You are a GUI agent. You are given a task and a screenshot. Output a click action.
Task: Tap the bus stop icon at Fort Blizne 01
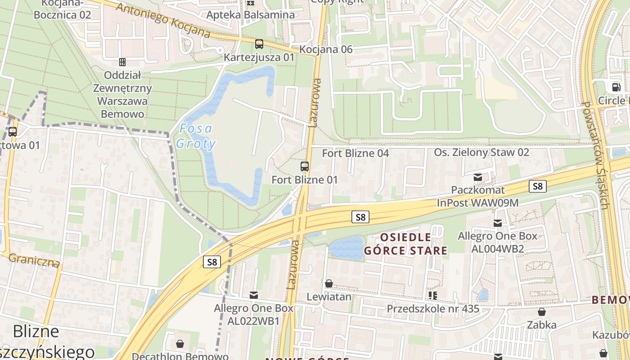pos(305,166)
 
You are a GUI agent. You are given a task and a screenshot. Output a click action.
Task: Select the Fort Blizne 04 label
pos(355,153)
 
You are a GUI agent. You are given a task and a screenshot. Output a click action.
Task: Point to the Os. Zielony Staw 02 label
pos(481,153)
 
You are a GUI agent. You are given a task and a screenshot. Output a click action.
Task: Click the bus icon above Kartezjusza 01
pos(259,44)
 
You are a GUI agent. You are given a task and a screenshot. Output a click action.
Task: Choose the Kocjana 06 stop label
pos(326,49)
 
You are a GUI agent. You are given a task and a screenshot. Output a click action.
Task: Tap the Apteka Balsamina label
pos(251,15)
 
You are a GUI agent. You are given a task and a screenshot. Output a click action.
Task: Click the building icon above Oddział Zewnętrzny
pos(122,62)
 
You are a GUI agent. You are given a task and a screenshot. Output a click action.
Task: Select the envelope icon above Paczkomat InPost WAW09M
pos(478,178)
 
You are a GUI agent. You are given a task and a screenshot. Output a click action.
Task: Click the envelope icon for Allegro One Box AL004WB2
pos(497,223)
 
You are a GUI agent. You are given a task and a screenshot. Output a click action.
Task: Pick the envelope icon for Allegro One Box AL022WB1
pos(254,295)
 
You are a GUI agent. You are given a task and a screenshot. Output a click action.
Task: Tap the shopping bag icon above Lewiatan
pos(329,284)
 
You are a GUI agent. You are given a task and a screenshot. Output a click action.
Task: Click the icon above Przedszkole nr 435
pos(433,296)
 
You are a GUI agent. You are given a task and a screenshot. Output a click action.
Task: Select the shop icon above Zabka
pos(542,312)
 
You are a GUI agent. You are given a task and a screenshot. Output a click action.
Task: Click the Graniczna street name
pos(34,260)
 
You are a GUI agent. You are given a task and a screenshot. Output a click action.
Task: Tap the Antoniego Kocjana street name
pos(163,20)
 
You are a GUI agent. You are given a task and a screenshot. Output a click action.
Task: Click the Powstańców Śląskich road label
pos(596,155)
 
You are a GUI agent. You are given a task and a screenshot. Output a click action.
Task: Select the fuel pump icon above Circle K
pos(615,87)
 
